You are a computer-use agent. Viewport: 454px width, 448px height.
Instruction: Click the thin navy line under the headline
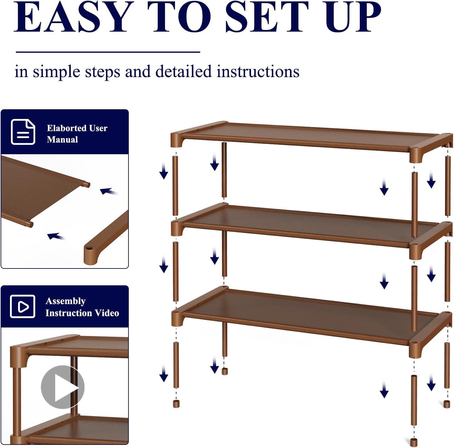tap(108, 52)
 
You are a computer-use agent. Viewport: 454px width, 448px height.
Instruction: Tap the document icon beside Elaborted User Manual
tap(23, 132)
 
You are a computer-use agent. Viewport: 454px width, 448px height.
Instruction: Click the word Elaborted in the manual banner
tap(64, 128)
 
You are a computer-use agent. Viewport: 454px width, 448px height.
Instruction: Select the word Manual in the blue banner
tap(62, 140)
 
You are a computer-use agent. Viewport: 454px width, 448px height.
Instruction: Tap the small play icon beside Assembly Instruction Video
tap(23, 306)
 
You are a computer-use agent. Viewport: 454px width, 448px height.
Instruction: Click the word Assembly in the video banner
tap(66, 301)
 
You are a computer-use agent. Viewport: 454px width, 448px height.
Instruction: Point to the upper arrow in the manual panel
tap(109, 191)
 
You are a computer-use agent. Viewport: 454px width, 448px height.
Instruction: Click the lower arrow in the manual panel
tap(56, 236)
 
